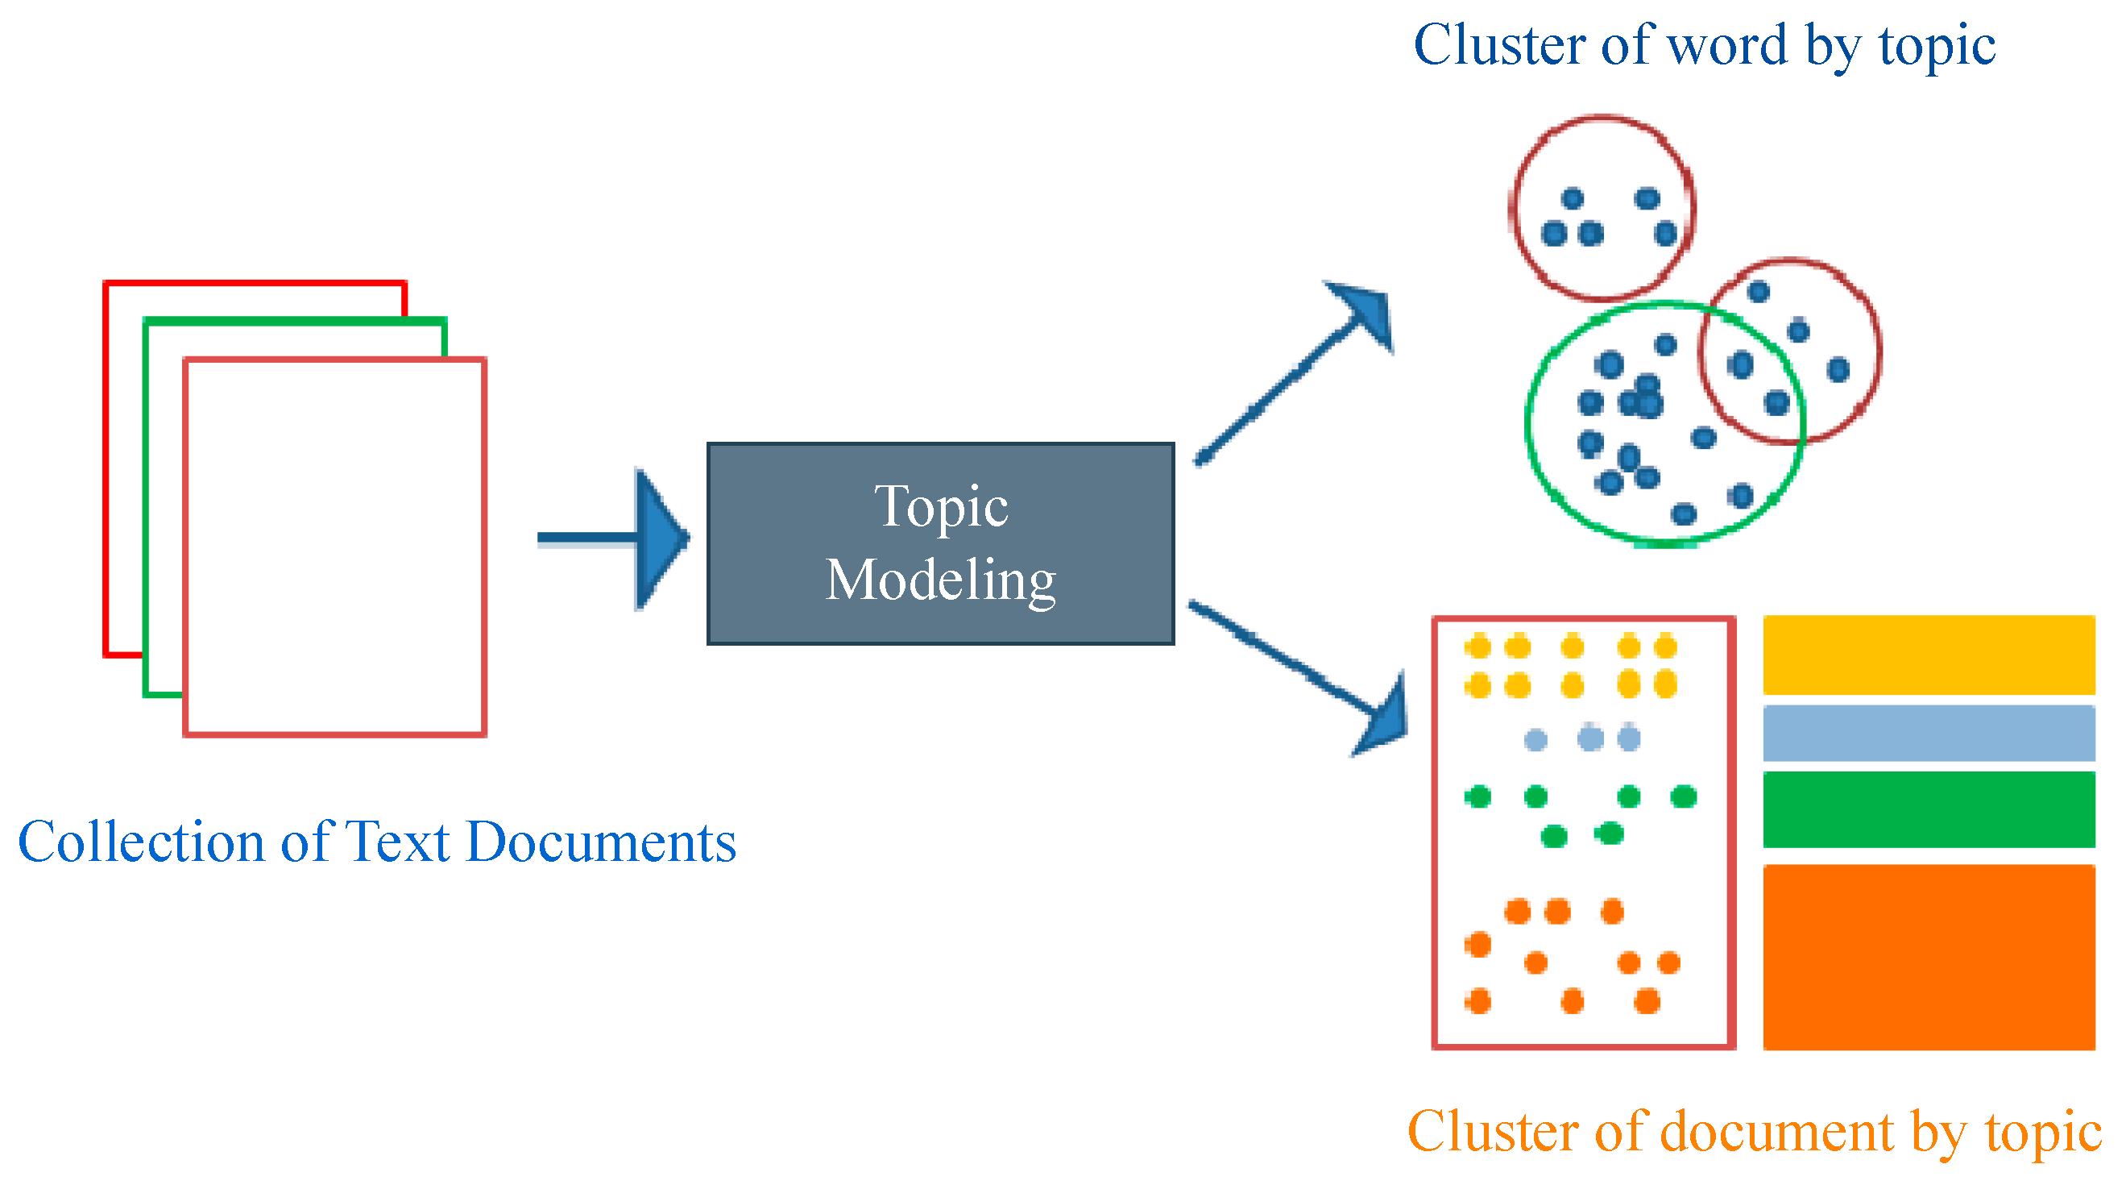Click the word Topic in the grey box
[x=941, y=506]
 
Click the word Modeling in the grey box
[x=941, y=580]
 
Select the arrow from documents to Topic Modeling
[x=615, y=538]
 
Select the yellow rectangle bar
[x=1929, y=655]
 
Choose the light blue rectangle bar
[x=1929, y=733]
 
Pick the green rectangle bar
[x=1929, y=809]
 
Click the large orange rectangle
[x=1929, y=958]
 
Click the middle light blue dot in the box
[x=1590, y=738]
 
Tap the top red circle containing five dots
[x=1602, y=120]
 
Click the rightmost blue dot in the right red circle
[x=1838, y=369]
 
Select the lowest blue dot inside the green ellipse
[x=1684, y=514]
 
